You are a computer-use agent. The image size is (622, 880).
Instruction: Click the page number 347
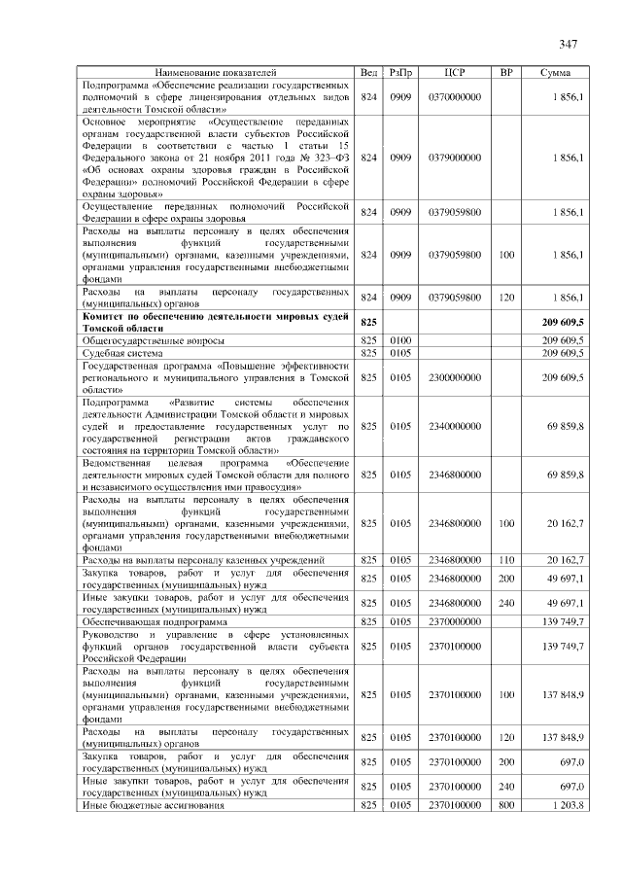click(569, 45)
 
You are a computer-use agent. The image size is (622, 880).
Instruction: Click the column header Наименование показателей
click(216, 73)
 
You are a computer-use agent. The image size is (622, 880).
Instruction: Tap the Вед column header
click(368, 73)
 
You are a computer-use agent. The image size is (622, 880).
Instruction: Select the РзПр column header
click(399, 73)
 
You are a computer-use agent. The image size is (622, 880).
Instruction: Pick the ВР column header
click(506, 73)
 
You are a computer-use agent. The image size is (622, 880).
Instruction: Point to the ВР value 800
click(506, 806)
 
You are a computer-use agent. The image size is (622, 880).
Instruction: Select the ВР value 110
click(506, 560)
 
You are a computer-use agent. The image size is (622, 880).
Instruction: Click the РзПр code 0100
click(399, 341)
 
